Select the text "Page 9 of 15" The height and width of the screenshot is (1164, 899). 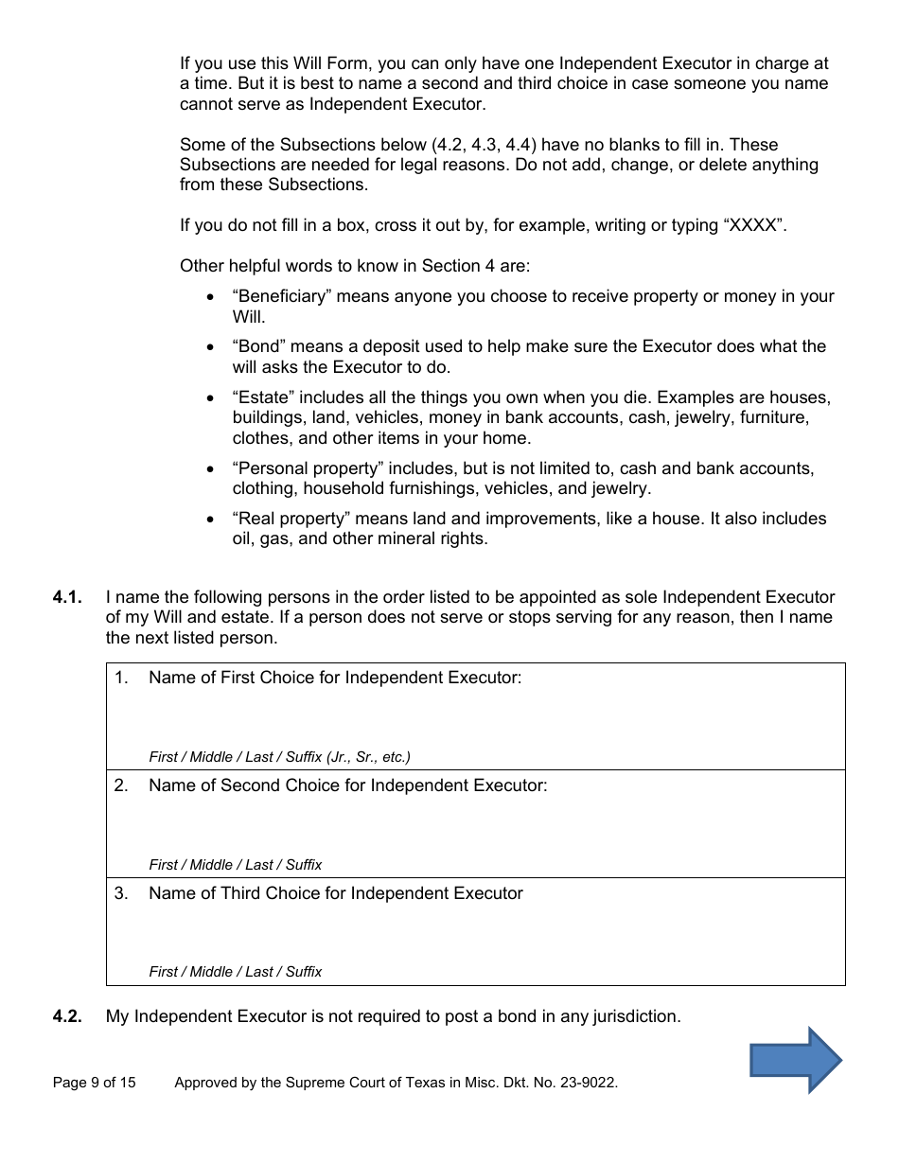coord(95,1083)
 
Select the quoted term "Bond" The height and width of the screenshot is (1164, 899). coord(259,346)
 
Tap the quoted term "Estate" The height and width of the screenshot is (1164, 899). coord(263,397)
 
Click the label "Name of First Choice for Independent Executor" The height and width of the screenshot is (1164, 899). coord(335,678)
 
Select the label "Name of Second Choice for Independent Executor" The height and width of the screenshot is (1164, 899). coord(347,785)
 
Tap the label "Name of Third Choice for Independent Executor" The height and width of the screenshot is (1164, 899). coord(335,893)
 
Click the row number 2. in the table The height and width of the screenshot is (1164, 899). coord(121,785)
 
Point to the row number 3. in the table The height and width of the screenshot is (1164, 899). coord(121,893)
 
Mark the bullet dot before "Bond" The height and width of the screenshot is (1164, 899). coord(210,347)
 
